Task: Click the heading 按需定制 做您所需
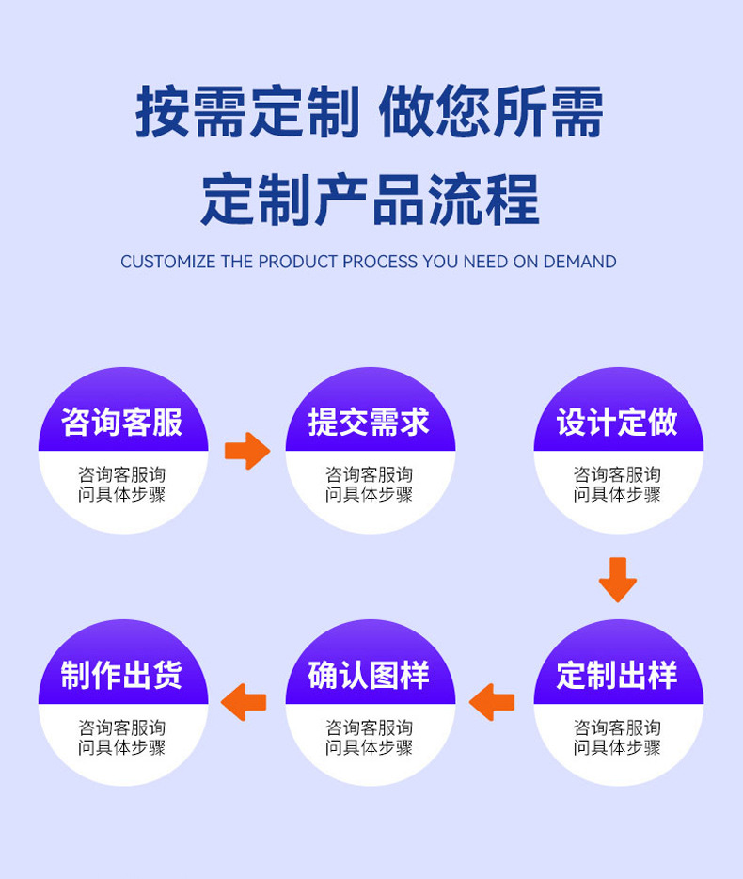(370, 112)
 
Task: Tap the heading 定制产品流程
(371, 200)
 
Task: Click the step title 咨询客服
(122, 423)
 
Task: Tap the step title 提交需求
(370, 423)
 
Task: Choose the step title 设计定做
(618, 423)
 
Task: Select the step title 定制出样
(618, 675)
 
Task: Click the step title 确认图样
(370, 675)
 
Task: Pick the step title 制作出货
(122, 675)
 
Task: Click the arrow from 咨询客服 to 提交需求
(247, 451)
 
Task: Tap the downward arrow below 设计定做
(618, 580)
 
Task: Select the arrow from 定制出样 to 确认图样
(491, 702)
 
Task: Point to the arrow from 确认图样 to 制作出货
(244, 702)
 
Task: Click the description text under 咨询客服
(122, 485)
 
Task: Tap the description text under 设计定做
(618, 485)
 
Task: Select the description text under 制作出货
(122, 737)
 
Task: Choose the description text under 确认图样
(370, 737)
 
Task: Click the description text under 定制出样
(618, 737)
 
